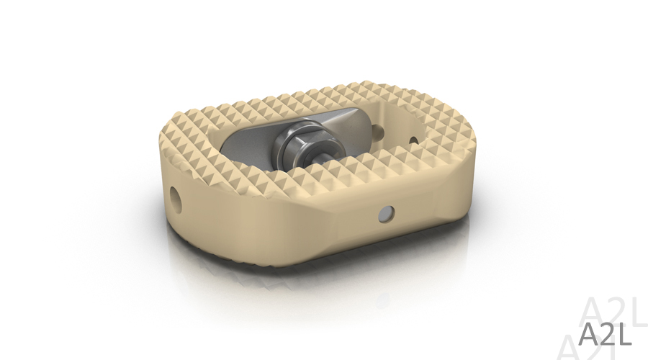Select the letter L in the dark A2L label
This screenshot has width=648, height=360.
coord(625,334)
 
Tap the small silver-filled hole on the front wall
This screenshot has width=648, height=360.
coord(386,213)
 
